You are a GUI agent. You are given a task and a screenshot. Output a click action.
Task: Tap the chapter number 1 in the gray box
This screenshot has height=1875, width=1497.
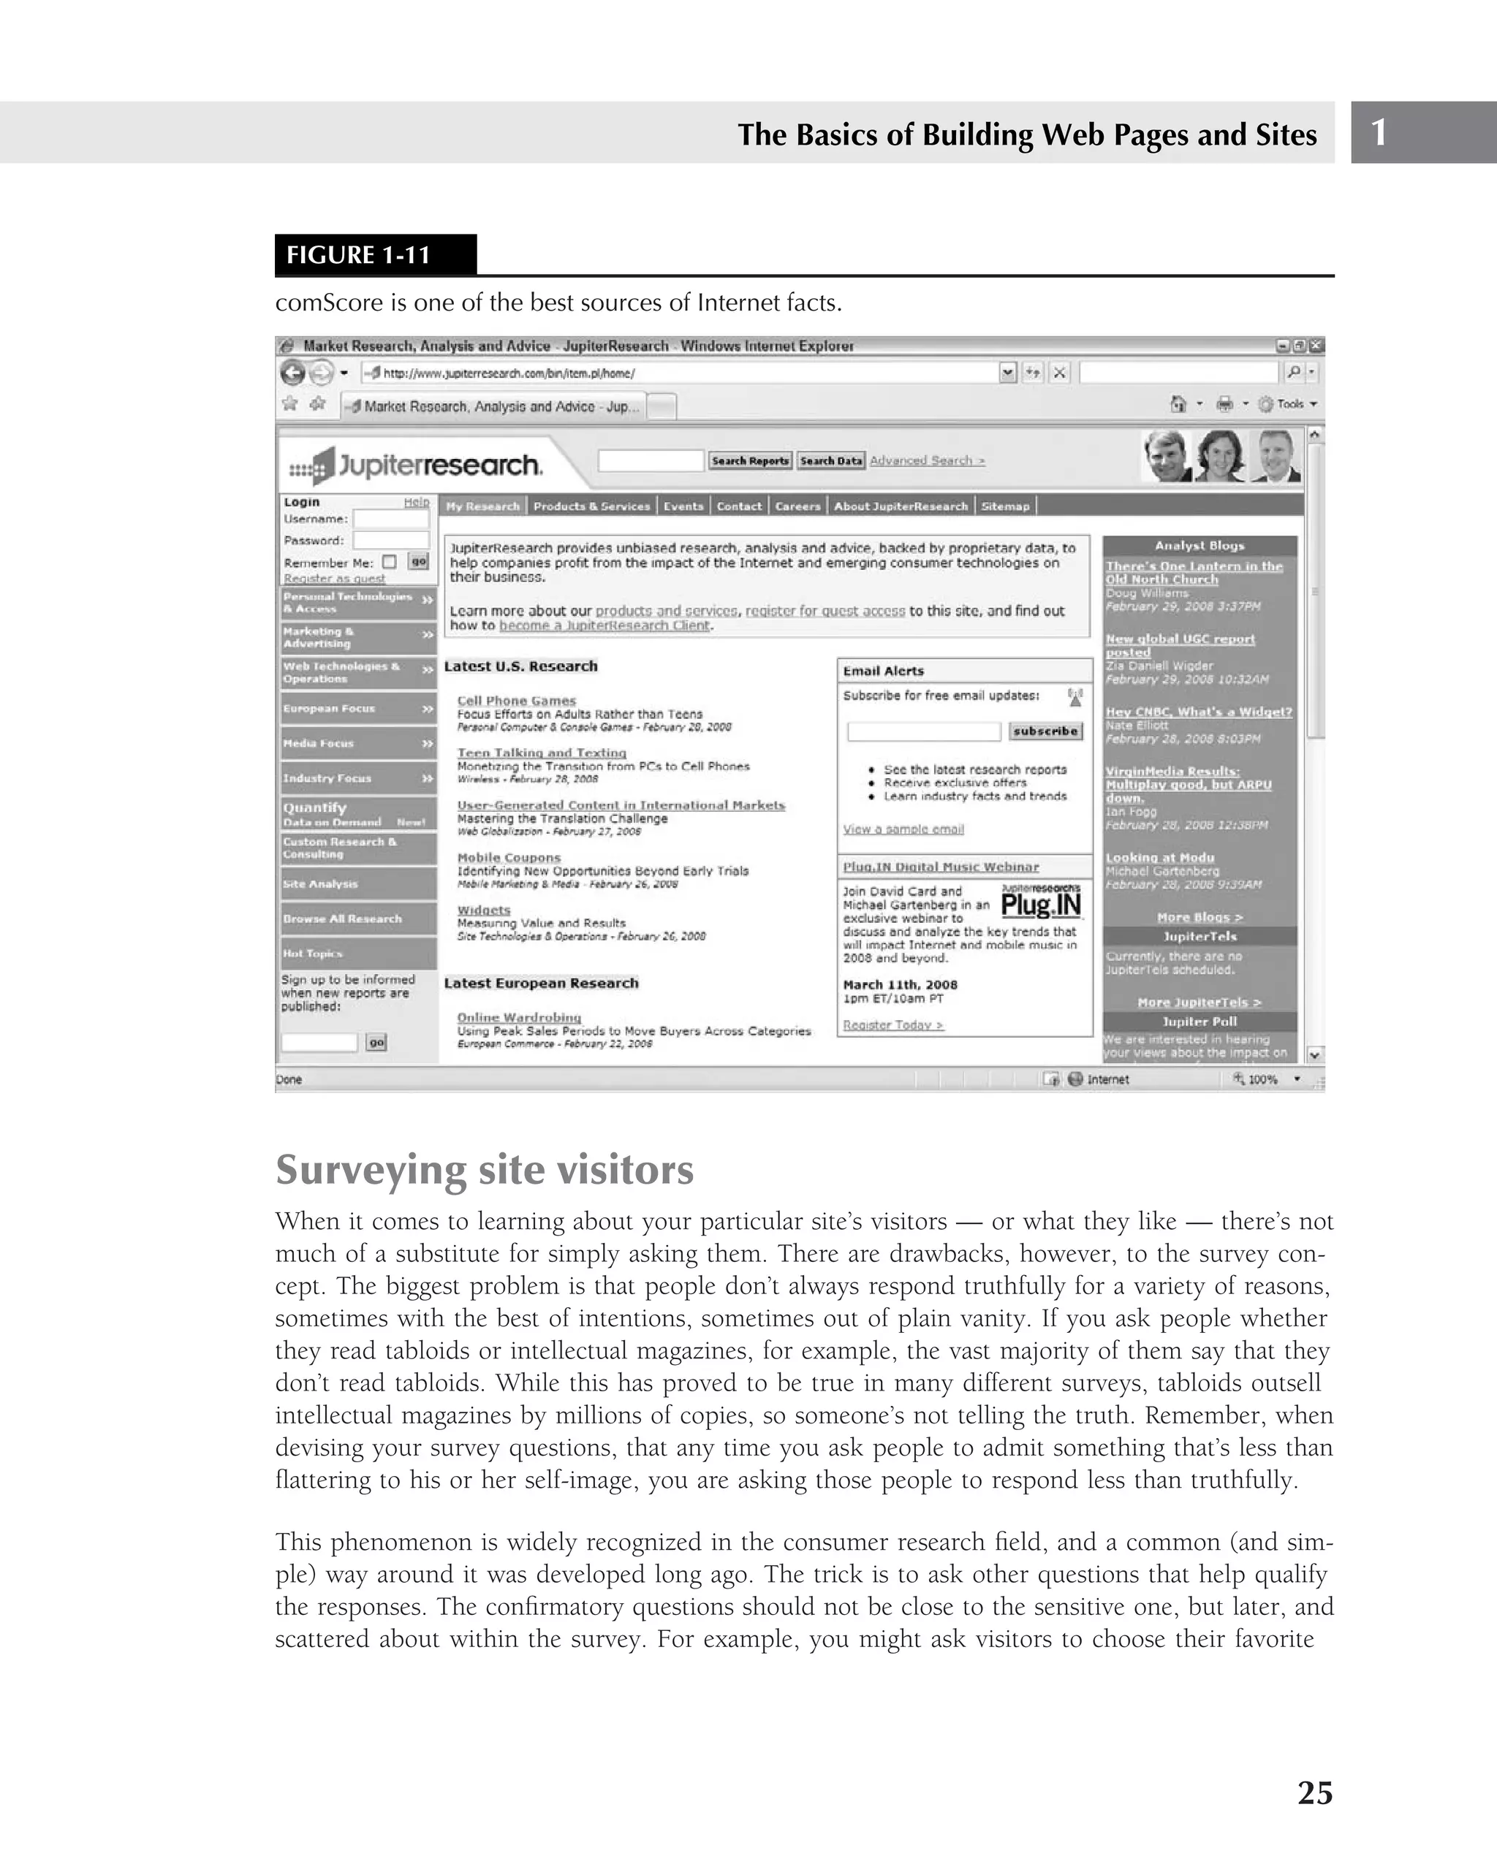tap(1379, 132)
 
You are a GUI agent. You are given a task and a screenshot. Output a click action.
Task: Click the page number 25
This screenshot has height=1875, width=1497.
tap(1314, 1792)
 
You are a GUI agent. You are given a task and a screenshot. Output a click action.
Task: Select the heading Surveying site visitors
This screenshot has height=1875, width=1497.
tap(485, 1169)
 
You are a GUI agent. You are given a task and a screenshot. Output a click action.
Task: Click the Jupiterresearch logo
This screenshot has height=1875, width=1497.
tap(416, 465)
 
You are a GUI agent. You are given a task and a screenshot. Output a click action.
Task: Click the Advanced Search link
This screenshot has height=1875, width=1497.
tap(928, 460)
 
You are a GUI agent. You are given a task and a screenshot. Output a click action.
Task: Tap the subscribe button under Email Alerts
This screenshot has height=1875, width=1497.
tap(1045, 731)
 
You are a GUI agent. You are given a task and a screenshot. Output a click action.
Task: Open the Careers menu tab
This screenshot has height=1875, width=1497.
tap(797, 506)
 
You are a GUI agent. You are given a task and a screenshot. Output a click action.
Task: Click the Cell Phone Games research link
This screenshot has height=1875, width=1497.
tap(517, 700)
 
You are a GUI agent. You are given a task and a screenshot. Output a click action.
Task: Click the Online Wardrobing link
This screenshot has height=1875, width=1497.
tap(519, 1016)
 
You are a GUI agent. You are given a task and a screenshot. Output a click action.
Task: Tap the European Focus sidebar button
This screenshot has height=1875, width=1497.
tap(357, 708)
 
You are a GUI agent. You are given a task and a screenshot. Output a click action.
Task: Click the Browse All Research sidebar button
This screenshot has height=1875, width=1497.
tap(357, 919)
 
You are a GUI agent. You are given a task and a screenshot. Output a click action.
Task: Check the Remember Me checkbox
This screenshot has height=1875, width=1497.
tap(389, 562)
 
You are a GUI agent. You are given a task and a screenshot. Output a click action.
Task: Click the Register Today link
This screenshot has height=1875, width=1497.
tap(892, 1024)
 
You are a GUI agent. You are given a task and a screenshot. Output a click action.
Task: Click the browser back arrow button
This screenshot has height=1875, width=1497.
tap(293, 373)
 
